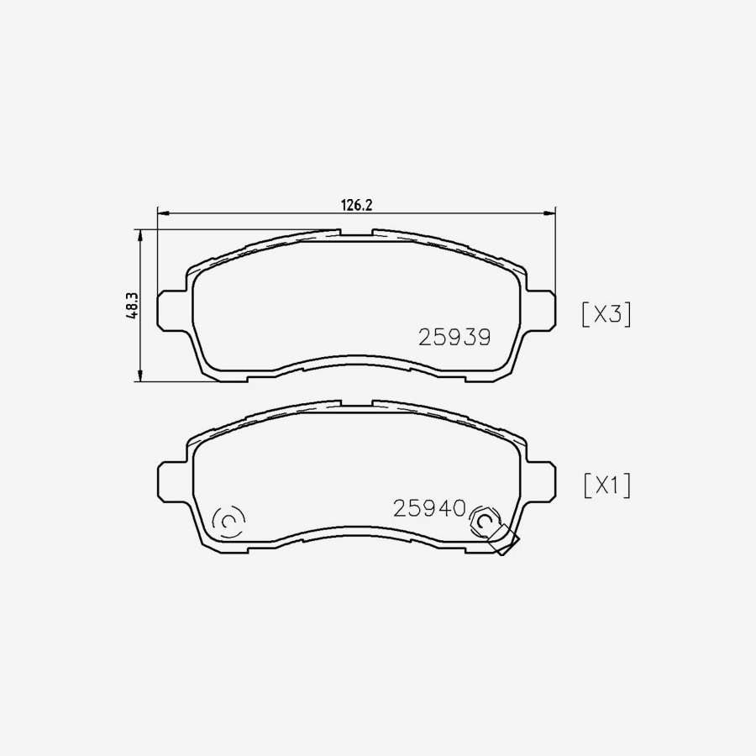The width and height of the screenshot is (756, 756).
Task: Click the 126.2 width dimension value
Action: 355,203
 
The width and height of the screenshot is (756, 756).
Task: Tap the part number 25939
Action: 454,337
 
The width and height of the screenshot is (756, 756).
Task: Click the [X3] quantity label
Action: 606,314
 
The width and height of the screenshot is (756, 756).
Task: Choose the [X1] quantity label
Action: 606,486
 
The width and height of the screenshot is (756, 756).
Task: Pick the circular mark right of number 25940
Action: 484,522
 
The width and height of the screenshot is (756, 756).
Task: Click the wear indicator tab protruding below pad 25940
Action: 506,544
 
